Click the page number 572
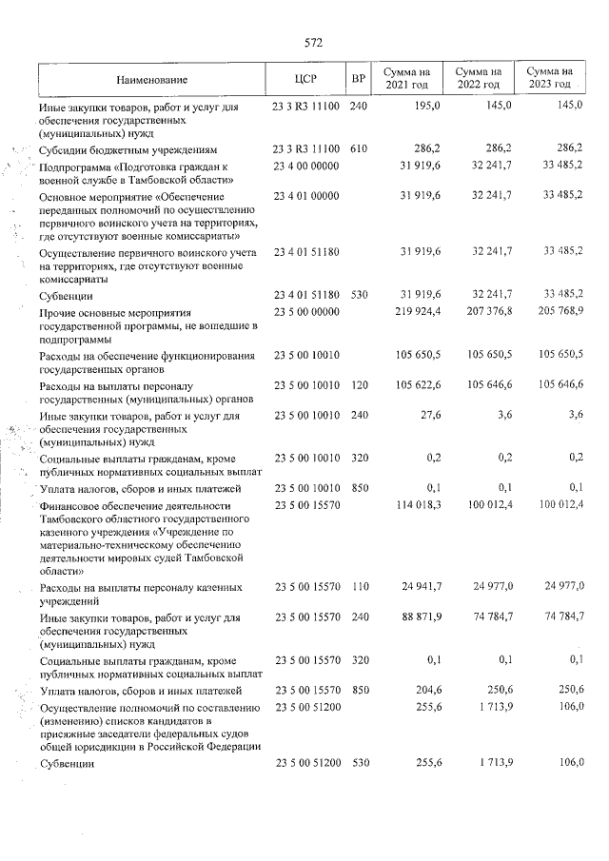coord(314,43)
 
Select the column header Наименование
coord(153,79)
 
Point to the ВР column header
coord(359,79)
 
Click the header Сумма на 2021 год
coord(406,79)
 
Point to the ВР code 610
coord(359,149)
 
